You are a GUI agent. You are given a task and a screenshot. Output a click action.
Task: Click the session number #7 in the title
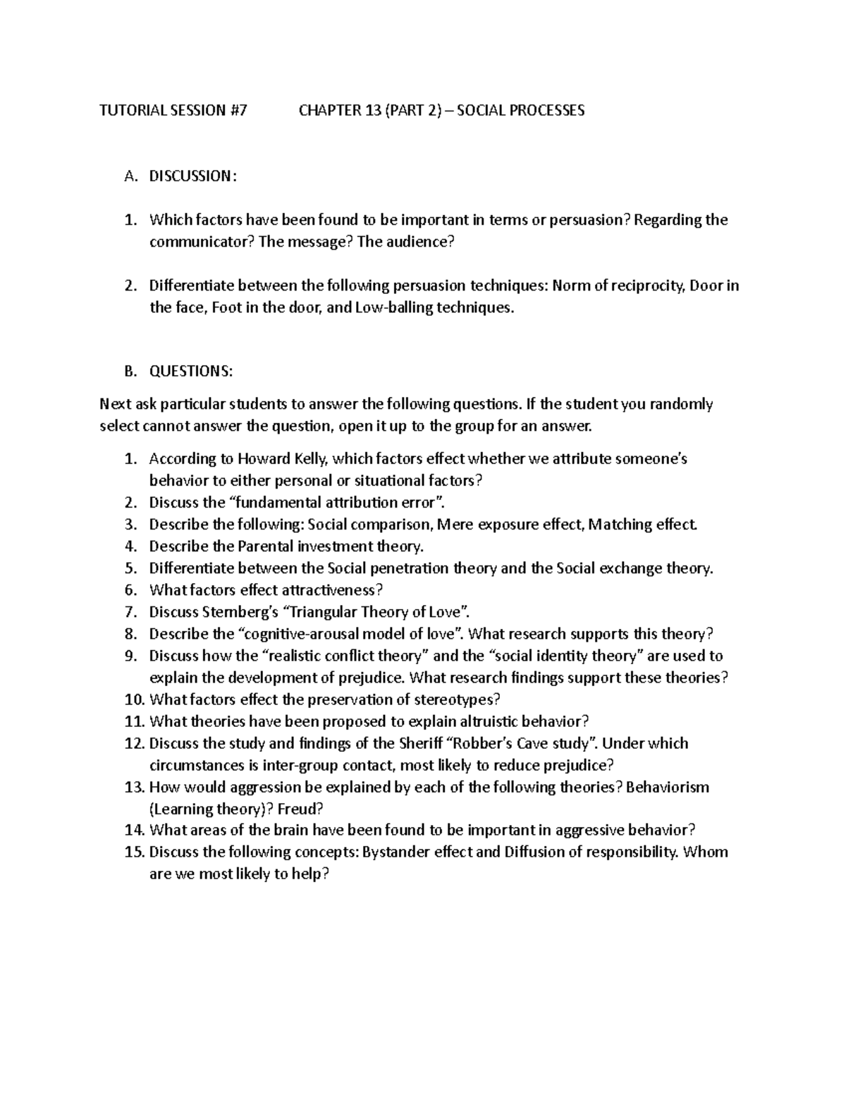pyautogui.click(x=238, y=111)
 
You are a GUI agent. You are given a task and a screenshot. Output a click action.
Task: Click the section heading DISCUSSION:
pyautogui.click(x=192, y=176)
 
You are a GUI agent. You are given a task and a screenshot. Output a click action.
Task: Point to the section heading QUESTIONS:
pyautogui.click(x=190, y=372)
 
